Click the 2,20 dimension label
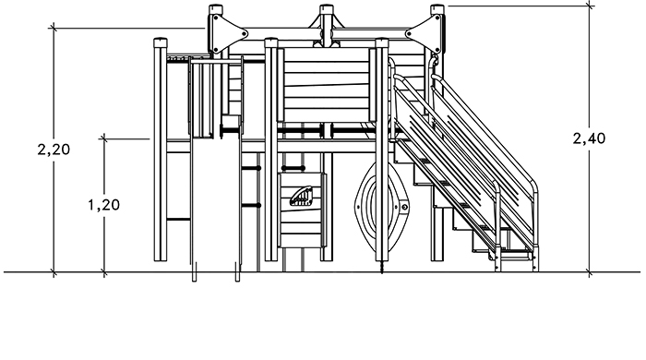[54, 150]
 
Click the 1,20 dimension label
[103, 204]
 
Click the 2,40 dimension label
[589, 138]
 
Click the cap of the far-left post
[161, 42]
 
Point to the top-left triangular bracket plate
[227, 33]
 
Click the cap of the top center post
[327, 8]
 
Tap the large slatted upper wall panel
[327, 85]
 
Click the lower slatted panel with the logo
[302, 210]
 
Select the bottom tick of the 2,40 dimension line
[589, 272]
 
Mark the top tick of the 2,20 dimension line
[54, 28]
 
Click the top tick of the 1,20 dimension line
[103, 138]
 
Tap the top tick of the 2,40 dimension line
[589, 6]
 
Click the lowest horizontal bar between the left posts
[178, 219]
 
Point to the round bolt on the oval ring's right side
[404, 207]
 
